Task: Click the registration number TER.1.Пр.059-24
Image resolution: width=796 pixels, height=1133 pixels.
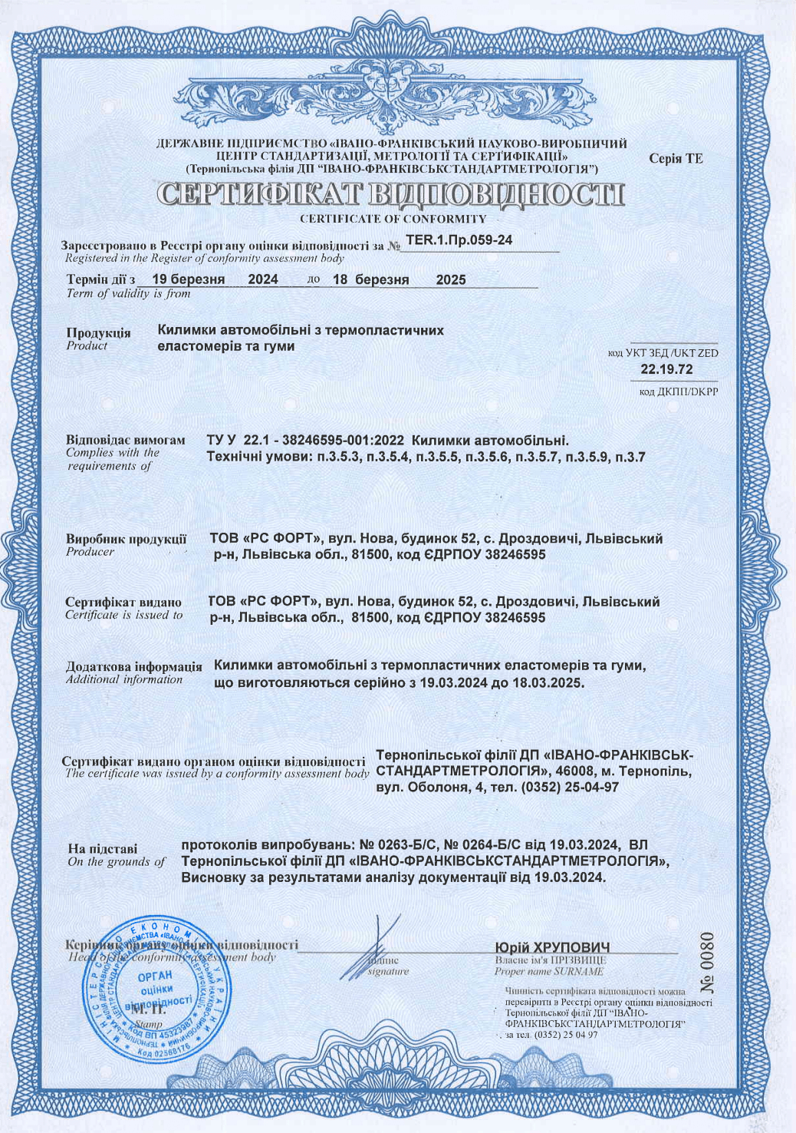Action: tap(459, 239)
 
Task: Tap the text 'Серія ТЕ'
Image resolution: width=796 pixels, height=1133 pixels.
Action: tap(675, 159)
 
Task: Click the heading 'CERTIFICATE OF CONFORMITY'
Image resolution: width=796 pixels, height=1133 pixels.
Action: tap(393, 219)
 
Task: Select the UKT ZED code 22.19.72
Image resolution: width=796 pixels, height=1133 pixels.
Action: tap(666, 369)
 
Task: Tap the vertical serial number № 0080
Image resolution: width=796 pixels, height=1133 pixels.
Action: tap(706, 963)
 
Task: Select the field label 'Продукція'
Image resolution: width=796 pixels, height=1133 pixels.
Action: tap(98, 333)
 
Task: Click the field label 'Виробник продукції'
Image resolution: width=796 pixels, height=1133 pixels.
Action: tap(126, 539)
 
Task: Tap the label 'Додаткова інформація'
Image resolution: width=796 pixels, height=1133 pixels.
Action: tap(133, 666)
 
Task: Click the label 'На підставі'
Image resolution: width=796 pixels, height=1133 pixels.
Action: tap(103, 848)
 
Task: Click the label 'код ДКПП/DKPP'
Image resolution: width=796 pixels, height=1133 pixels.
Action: tap(678, 392)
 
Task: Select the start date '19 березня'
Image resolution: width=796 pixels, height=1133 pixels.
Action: tap(188, 279)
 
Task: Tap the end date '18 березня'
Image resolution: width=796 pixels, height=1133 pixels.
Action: tap(370, 279)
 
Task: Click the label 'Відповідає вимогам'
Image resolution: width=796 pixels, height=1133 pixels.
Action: tap(125, 441)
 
